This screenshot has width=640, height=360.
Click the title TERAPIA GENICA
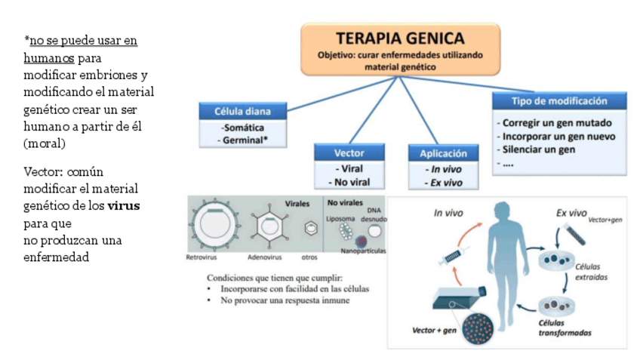click(x=400, y=38)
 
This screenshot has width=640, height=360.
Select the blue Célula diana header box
click(x=244, y=111)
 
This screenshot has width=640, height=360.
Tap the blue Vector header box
click(x=349, y=153)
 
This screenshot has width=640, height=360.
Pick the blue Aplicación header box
click(x=443, y=153)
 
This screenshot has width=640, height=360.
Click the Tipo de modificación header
click(x=559, y=101)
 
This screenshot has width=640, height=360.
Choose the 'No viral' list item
click(x=349, y=181)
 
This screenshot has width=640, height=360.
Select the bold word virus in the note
click(x=123, y=205)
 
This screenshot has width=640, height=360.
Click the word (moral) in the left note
click(x=43, y=142)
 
